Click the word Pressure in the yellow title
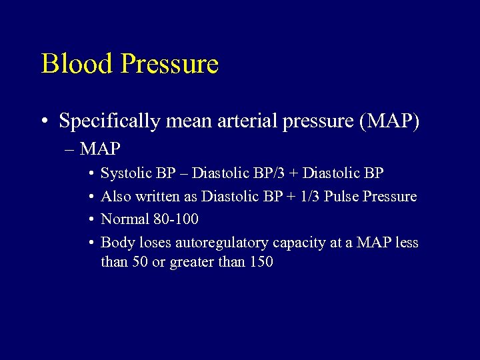(170, 64)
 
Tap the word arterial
(247, 121)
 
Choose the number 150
(261, 262)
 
